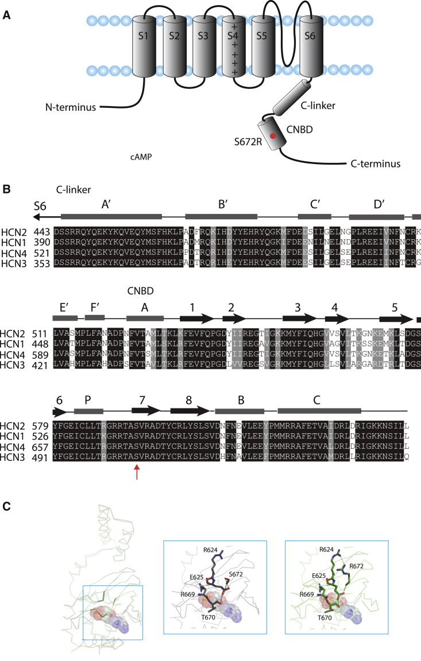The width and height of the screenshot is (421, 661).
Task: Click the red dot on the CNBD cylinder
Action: (273, 136)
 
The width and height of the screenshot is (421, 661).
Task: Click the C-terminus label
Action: (375, 164)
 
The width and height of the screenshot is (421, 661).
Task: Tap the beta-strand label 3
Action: (298, 306)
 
